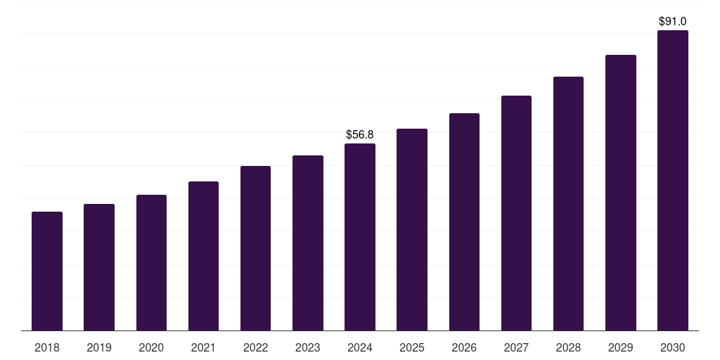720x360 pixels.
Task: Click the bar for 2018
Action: [x=47, y=271]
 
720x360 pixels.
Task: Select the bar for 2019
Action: [x=99, y=267]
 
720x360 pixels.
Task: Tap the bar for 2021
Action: [x=203, y=256]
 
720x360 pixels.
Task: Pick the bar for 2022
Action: [x=255, y=248]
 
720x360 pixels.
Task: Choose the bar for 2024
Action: [x=360, y=237]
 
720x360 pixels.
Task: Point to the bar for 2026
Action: [x=464, y=221]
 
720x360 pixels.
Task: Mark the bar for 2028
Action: [x=568, y=203]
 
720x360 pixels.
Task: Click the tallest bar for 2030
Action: [x=672, y=180]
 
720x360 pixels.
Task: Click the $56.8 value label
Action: [x=360, y=134]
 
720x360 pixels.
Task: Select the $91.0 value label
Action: [x=672, y=22]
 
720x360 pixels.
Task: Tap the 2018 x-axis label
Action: [x=47, y=347]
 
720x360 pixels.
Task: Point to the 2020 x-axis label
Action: [x=151, y=347]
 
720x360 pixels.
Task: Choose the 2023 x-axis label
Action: [x=307, y=347]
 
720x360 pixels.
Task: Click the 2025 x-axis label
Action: [x=412, y=347]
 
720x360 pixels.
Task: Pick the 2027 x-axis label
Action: [x=516, y=347]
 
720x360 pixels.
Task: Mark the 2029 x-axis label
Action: [x=620, y=347]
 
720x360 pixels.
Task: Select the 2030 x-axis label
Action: [x=672, y=347]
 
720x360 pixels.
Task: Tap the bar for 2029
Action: [x=620, y=193]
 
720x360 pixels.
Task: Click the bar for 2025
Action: [x=412, y=229]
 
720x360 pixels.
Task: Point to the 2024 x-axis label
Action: [x=360, y=347]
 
